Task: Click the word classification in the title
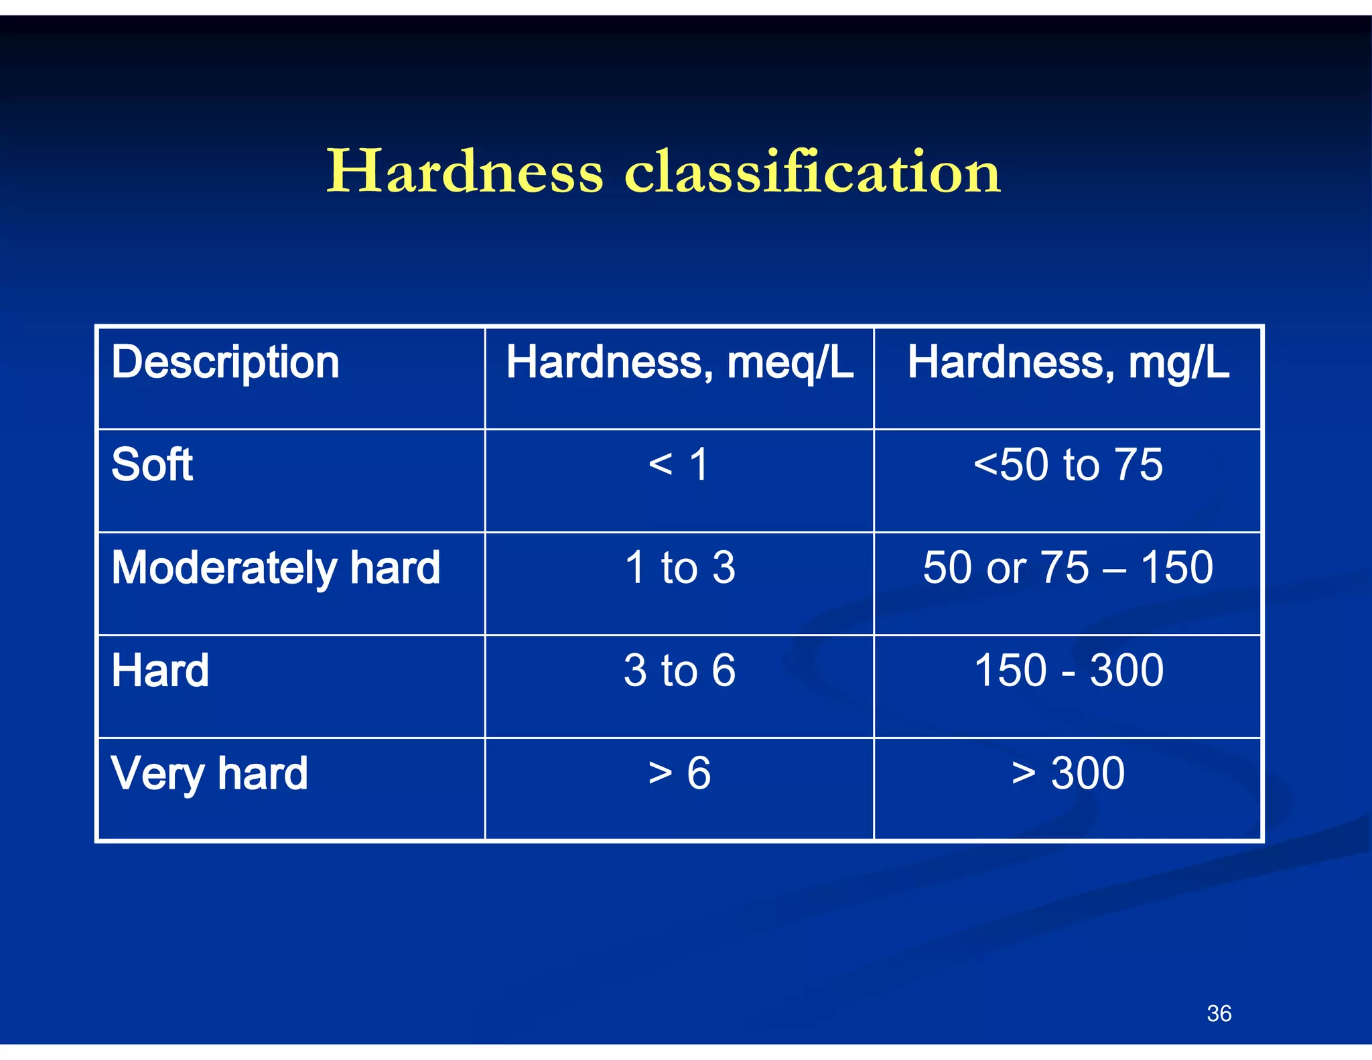[x=812, y=172]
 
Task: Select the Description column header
[x=225, y=362]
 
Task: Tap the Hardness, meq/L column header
[x=679, y=362]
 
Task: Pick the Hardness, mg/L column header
[x=1068, y=362]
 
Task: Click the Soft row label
[x=152, y=464]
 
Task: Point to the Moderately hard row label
[x=275, y=568]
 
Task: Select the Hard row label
[x=160, y=670]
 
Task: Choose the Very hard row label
[x=209, y=773]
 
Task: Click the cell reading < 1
[x=679, y=464]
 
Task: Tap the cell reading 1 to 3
[x=679, y=568]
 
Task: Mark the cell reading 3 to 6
[x=679, y=670]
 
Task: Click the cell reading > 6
[x=679, y=773]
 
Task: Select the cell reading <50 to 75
[x=1068, y=464]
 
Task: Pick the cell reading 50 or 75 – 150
[x=1068, y=568]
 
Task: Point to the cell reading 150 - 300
[x=1068, y=670]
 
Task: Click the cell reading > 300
[x=1068, y=773]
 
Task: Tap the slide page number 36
[x=1219, y=1013]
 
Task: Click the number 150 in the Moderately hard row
[x=1176, y=568]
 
